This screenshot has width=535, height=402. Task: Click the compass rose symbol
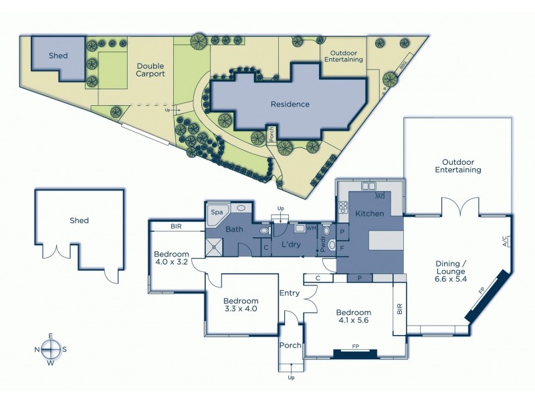click(51, 349)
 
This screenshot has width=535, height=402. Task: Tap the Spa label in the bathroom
click(217, 212)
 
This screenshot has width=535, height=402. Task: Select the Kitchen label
click(369, 213)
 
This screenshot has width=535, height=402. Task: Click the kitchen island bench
click(386, 239)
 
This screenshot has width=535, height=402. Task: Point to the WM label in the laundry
click(310, 228)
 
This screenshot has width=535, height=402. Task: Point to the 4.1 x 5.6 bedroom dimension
click(353, 321)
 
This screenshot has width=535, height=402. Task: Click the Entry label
click(290, 292)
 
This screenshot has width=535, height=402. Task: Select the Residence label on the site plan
click(290, 104)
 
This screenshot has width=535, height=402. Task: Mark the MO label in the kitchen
click(379, 196)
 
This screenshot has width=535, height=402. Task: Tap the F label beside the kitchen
click(342, 247)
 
